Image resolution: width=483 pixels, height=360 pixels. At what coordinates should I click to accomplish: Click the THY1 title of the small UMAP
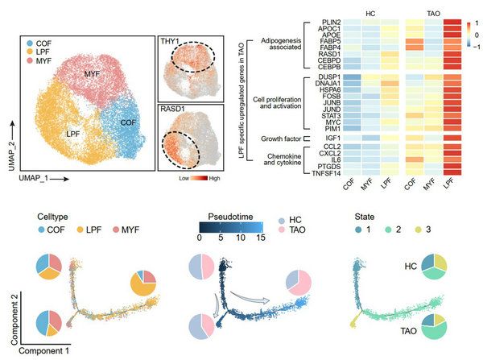click(x=171, y=43)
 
